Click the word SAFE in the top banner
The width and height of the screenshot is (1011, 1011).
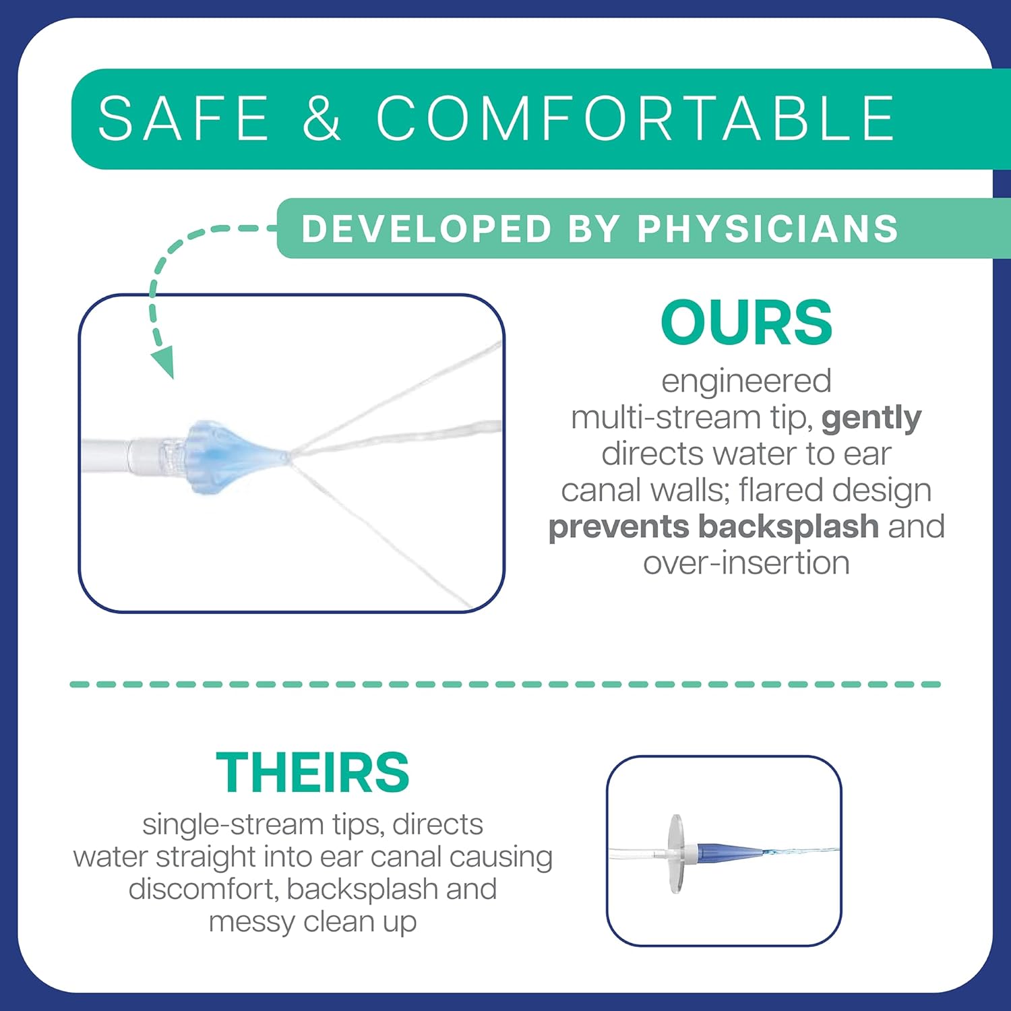[183, 118]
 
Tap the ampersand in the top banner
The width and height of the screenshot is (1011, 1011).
[321, 118]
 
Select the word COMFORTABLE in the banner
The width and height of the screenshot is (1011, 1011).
[636, 118]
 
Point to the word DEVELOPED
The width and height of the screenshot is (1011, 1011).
[427, 228]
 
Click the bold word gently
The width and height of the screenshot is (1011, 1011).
[871, 419]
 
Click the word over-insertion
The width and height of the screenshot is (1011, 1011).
[746, 563]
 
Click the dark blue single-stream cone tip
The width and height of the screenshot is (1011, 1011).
[731, 851]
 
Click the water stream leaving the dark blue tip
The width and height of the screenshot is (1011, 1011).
[802, 851]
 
